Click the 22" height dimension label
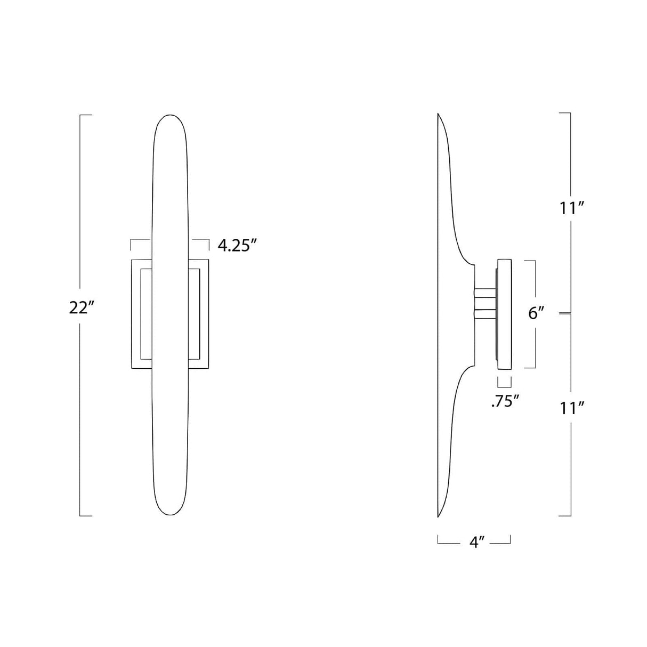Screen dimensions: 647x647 [x=81, y=309]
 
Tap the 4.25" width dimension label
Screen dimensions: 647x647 [x=238, y=246]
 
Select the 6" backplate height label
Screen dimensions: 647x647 [x=536, y=313]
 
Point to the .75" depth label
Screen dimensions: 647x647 [x=505, y=401]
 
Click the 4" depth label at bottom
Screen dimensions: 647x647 [x=476, y=543]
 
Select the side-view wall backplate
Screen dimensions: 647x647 [x=504, y=314]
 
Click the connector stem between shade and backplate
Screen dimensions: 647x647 [x=486, y=304]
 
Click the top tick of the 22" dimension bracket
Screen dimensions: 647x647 [x=85, y=115]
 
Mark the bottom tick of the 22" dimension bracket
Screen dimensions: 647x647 [x=85, y=515]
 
